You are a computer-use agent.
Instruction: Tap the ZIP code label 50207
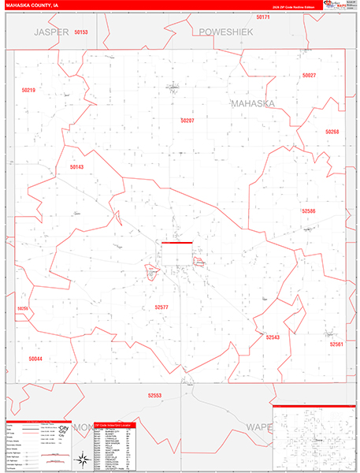pos(187,121)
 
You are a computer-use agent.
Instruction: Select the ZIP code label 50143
pos(76,167)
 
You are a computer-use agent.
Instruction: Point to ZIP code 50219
pos(28,91)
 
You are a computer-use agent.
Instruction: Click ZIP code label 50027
pos(308,76)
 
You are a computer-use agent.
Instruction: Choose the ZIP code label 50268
pos(332,132)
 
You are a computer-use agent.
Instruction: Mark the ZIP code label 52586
pos(307,211)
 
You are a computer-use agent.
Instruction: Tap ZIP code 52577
pos(161,307)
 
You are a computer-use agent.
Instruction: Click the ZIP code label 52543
pos(273,337)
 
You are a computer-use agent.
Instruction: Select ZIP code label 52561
pos(336,345)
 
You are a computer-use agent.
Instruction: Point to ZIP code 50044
pos(35,359)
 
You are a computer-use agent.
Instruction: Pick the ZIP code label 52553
pos(154,396)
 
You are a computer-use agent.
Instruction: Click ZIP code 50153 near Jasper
pos(80,32)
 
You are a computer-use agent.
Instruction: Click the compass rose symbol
pos(82,458)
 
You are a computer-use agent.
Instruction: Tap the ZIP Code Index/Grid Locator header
pos(113,425)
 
